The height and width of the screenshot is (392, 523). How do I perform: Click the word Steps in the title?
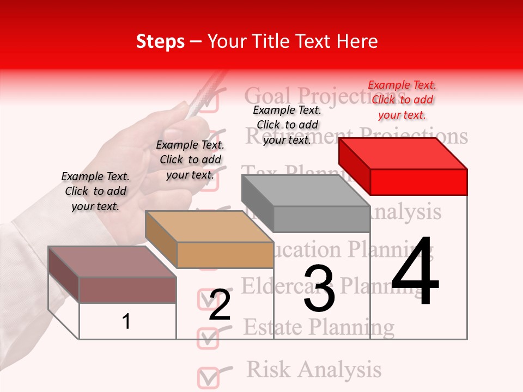pyautogui.click(x=160, y=41)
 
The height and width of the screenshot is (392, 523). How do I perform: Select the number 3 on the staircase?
pyautogui.click(x=319, y=289)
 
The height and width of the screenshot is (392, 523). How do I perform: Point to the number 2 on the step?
pyautogui.click(x=220, y=305)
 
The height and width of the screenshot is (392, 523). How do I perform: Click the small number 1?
pyautogui.click(x=126, y=322)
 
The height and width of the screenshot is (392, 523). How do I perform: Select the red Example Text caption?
pyautogui.click(x=402, y=100)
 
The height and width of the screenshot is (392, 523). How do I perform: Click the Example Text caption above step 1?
pyautogui.click(x=95, y=191)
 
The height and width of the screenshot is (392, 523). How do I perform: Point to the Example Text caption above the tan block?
pyautogui.click(x=190, y=160)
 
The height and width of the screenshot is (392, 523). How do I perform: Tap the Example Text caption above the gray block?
pyautogui.click(x=287, y=125)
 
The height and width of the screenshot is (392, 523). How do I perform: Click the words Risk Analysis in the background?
pyautogui.click(x=314, y=369)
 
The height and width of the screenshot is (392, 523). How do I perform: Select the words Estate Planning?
pyautogui.click(x=318, y=327)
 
